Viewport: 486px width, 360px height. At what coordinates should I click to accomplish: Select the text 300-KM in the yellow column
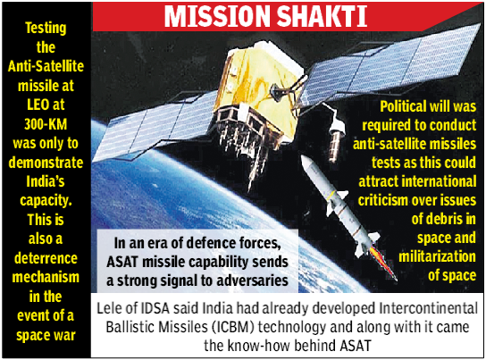tap(46, 124)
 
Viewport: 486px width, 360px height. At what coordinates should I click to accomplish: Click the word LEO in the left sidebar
tap(38, 105)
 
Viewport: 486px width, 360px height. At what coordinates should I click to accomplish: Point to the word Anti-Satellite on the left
tap(46, 66)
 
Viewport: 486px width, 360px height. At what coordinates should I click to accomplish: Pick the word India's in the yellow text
tap(46, 181)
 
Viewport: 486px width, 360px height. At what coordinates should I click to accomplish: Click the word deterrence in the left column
tap(46, 258)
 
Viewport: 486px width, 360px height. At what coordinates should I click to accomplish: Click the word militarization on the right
tap(438, 256)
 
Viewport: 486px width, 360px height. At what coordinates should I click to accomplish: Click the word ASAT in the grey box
tap(122, 262)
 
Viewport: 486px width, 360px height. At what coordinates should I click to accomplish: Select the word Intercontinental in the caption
tap(428, 308)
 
